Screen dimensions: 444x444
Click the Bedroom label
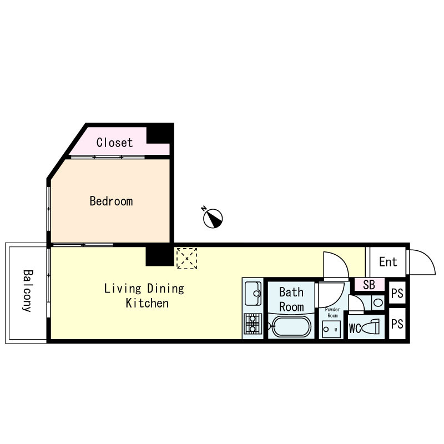(112, 201)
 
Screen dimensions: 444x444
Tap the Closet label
(114, 143)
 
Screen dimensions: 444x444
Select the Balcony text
(28, 291)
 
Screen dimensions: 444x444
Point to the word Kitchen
(147, 303)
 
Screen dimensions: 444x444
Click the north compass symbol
(213, 218)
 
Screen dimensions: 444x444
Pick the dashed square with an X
(186, 258)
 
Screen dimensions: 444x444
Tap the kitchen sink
(253, 294)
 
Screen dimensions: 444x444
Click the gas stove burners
(253, 324)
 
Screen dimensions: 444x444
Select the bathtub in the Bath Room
(291, 326)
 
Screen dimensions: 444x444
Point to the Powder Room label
(332, 312)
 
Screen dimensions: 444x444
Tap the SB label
(369, 285)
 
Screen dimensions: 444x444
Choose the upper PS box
(397, 293)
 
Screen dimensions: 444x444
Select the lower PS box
(397, 324)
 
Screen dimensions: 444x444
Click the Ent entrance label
(388, 262)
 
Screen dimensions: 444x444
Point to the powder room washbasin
(331, 329)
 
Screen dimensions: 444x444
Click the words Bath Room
(291, 300)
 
